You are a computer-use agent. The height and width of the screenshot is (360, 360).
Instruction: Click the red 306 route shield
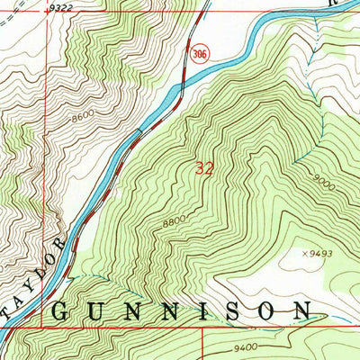[195, 56]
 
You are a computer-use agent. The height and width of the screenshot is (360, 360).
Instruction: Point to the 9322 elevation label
[61, 7]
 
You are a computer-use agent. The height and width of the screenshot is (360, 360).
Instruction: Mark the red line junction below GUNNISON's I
[202, 328]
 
